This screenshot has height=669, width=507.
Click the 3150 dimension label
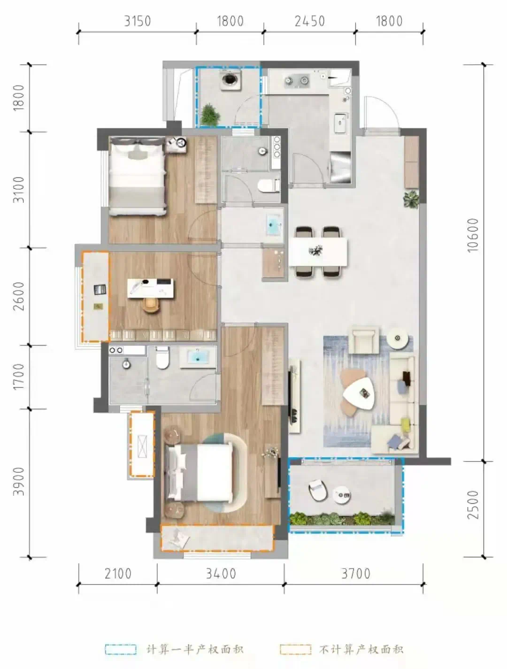137,21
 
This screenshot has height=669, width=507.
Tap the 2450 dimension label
309,21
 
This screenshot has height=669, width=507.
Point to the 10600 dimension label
473,235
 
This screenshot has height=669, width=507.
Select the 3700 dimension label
355,574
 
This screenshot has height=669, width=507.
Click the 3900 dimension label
19,481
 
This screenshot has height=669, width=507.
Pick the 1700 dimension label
19,377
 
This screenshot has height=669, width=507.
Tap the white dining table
318,252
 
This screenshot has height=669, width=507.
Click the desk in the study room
151,288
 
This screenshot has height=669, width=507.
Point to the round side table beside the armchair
398,338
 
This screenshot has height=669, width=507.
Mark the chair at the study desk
151,305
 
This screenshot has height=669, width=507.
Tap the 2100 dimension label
118,574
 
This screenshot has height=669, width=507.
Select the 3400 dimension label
221,574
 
